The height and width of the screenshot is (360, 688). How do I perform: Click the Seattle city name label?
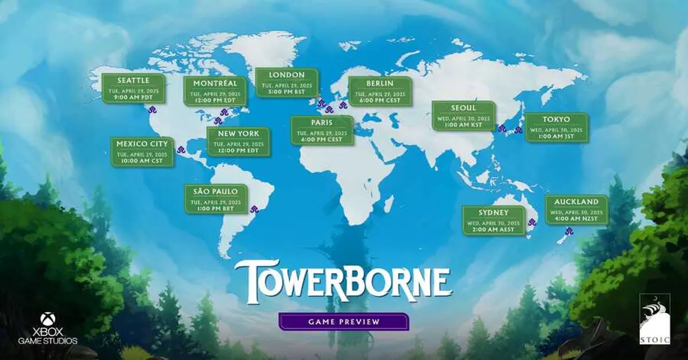click(x=133, y=80)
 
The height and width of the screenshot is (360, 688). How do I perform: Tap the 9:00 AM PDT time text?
click(x=133, y=98)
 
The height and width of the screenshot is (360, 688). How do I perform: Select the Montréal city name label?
click(x=211, y=84)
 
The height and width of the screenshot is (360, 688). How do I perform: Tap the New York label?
click(x=239, y=133)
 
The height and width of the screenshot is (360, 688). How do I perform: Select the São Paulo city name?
click(x=215, y=191)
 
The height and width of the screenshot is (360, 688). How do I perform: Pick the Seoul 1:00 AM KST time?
click(x=463, y=126)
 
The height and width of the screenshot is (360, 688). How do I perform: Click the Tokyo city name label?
click(x=556, y=119)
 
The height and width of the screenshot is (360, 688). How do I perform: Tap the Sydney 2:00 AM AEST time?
click(x=494, y=230)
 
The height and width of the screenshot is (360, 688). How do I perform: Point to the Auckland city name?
click(x=576, y=202)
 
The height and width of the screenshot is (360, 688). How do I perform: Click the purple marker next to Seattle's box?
click(x=153, y=109)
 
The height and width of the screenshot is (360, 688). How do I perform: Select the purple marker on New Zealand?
click(x=569, y=232)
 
